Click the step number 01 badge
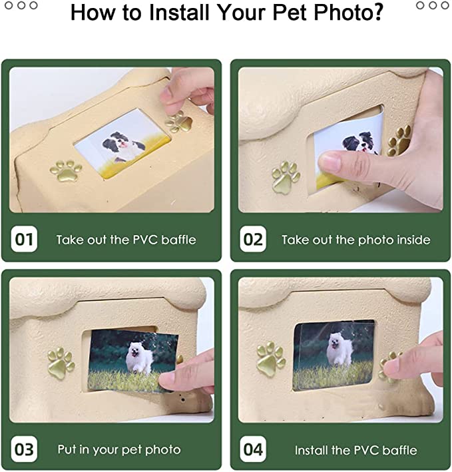point(24,239)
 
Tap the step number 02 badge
point(253,239)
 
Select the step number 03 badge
point(24,449)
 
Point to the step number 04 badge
point(253,449)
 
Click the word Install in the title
point(179,13)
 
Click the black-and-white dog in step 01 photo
point(123,146)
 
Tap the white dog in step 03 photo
point(139,357)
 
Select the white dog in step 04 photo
point(340,350)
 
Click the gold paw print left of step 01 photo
point(67,170)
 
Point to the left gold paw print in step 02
point(285,177)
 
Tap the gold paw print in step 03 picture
point(61,363)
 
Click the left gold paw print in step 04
point(271,357)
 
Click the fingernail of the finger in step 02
point(330,161)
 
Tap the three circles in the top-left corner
point(21,5)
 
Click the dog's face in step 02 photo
point(363,143)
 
